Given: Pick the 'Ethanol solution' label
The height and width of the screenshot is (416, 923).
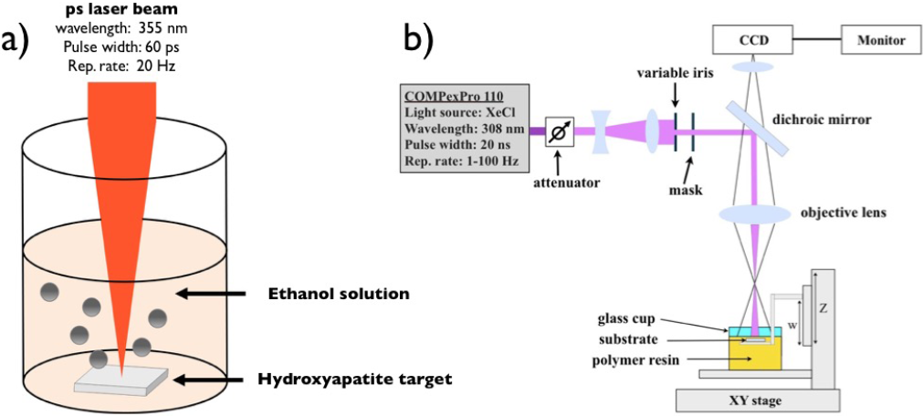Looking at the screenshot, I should point(331,294).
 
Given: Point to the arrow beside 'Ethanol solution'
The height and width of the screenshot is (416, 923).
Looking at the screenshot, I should point(212,294).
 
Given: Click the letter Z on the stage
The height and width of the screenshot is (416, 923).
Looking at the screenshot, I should point(823,309).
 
